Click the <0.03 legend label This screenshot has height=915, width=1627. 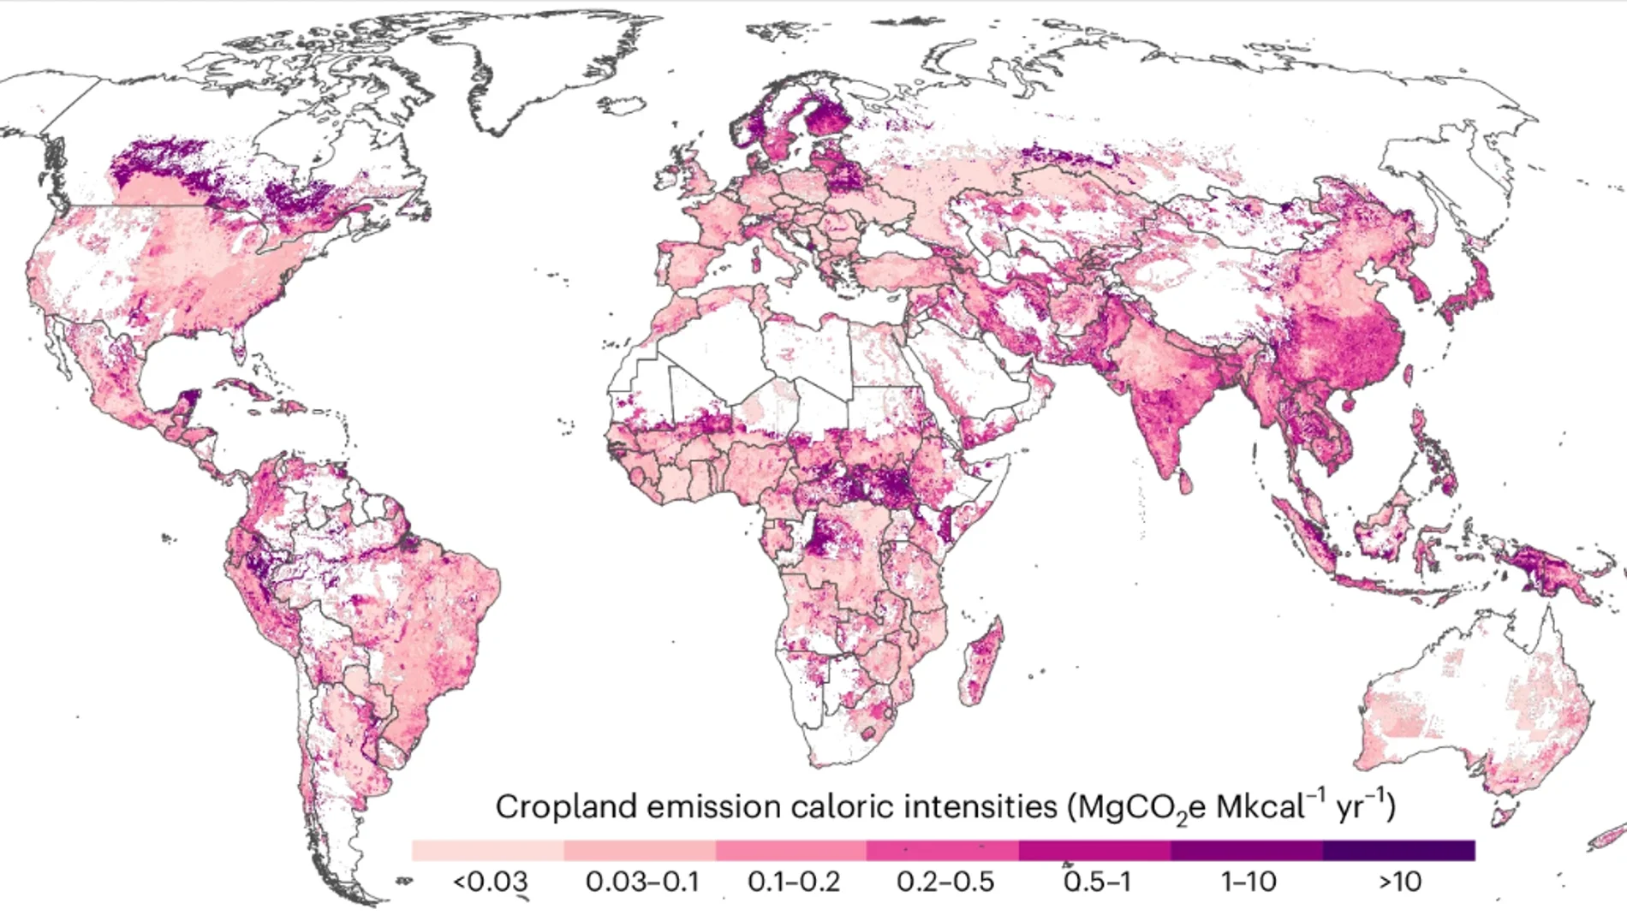[490, 881]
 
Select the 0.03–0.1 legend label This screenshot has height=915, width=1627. [641, 881]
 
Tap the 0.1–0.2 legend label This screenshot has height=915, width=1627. [793, 881]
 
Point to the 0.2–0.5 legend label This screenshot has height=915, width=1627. [945, 881]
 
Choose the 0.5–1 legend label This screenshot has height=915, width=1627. [1097, 881]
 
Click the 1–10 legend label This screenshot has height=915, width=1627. [1248, 881]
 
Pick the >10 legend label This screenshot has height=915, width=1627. [1399, 881]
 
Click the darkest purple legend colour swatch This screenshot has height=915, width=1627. [1398, 850]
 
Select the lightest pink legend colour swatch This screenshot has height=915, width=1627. [488, 850]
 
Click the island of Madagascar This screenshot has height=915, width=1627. [983, 663]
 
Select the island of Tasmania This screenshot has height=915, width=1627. [1501, 813]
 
